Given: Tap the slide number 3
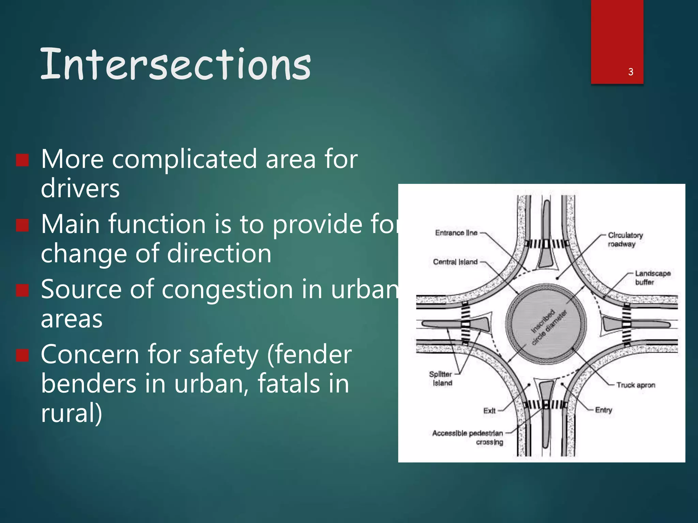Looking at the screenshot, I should coord(631,72).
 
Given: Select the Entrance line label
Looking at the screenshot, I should coord(456,233).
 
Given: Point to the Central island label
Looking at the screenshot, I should coord(455,262).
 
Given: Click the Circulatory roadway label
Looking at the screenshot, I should coord(625,239).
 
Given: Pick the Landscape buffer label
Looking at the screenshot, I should coord(652,278).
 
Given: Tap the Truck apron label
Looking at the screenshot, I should coord(636,385).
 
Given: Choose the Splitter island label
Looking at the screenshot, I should coord(441,378).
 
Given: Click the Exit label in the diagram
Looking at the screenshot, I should coord(489,411).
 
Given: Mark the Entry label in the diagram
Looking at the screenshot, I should coord(604,410).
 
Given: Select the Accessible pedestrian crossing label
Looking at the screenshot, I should coord(468,437).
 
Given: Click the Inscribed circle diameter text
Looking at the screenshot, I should coord(549,327).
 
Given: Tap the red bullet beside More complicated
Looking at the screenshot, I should coord(22,160).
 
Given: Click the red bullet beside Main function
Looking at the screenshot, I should coord(22,225).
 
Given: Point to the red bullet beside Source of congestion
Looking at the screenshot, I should coord(22,290).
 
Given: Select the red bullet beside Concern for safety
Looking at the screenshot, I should coord(22,355).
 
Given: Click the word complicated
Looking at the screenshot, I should coord(184,159).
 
